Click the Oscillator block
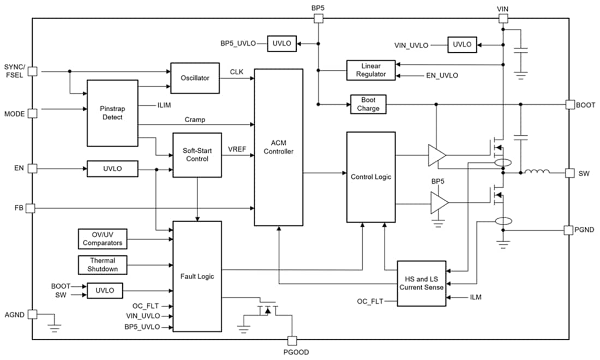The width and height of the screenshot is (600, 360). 195,78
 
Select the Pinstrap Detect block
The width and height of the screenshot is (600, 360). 112,113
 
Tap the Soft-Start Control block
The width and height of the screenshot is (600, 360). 197,155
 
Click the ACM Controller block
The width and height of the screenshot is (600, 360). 278,147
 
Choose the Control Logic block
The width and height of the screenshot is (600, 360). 371,177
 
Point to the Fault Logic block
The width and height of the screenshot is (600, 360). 197,276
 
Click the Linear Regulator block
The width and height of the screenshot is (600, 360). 371,70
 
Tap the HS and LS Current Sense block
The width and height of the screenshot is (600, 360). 421,283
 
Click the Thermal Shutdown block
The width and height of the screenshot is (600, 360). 103,265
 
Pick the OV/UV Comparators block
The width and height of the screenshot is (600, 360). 103,239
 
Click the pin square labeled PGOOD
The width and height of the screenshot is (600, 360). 292,340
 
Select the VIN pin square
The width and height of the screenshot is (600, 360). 502,19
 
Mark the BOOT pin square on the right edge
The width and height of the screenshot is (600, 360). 570,104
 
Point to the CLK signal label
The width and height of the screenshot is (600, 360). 237,71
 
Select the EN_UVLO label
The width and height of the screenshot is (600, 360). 442,75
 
